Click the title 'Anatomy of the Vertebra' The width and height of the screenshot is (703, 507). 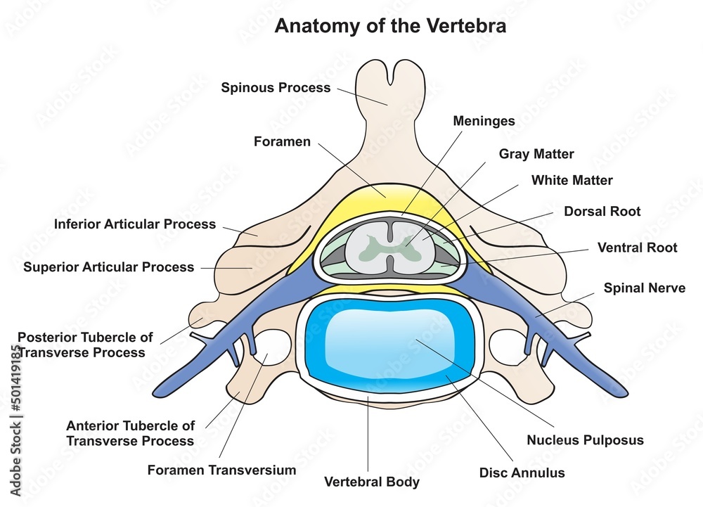pyautogui.click(x=390, y=27)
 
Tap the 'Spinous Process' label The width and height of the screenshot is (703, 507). pyautogui.click(x=276, y=88)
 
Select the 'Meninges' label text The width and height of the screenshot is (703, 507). pyautogui.click(x=483, y=121)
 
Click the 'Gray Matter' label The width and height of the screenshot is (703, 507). pyautogui.click(x=536, y=154)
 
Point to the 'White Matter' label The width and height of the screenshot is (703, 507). pyautogui.click(x=572, y=181)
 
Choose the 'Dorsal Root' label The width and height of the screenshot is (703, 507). pyautogui.click(x=602, y=211)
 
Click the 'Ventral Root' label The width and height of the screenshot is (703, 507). pyautogui.click(x=637, y=248)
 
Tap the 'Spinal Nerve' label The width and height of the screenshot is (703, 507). pyautogui.click(x=645, y=288)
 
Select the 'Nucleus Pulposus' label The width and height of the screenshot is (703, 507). pyautogui.click(x=585, y=441)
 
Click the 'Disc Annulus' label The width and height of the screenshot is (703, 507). pyautogui.click(x=521, y=473)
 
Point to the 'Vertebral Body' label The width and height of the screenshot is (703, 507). pyautogui.click(x=371, y=482)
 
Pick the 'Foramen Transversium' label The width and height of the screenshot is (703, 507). pyautogui.click(x=221, y=470)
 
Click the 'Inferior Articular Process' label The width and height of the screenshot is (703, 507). pyautogui.click(x=135, y=224)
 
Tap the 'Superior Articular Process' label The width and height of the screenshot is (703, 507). pyautogui.click(x=108, y=267)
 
